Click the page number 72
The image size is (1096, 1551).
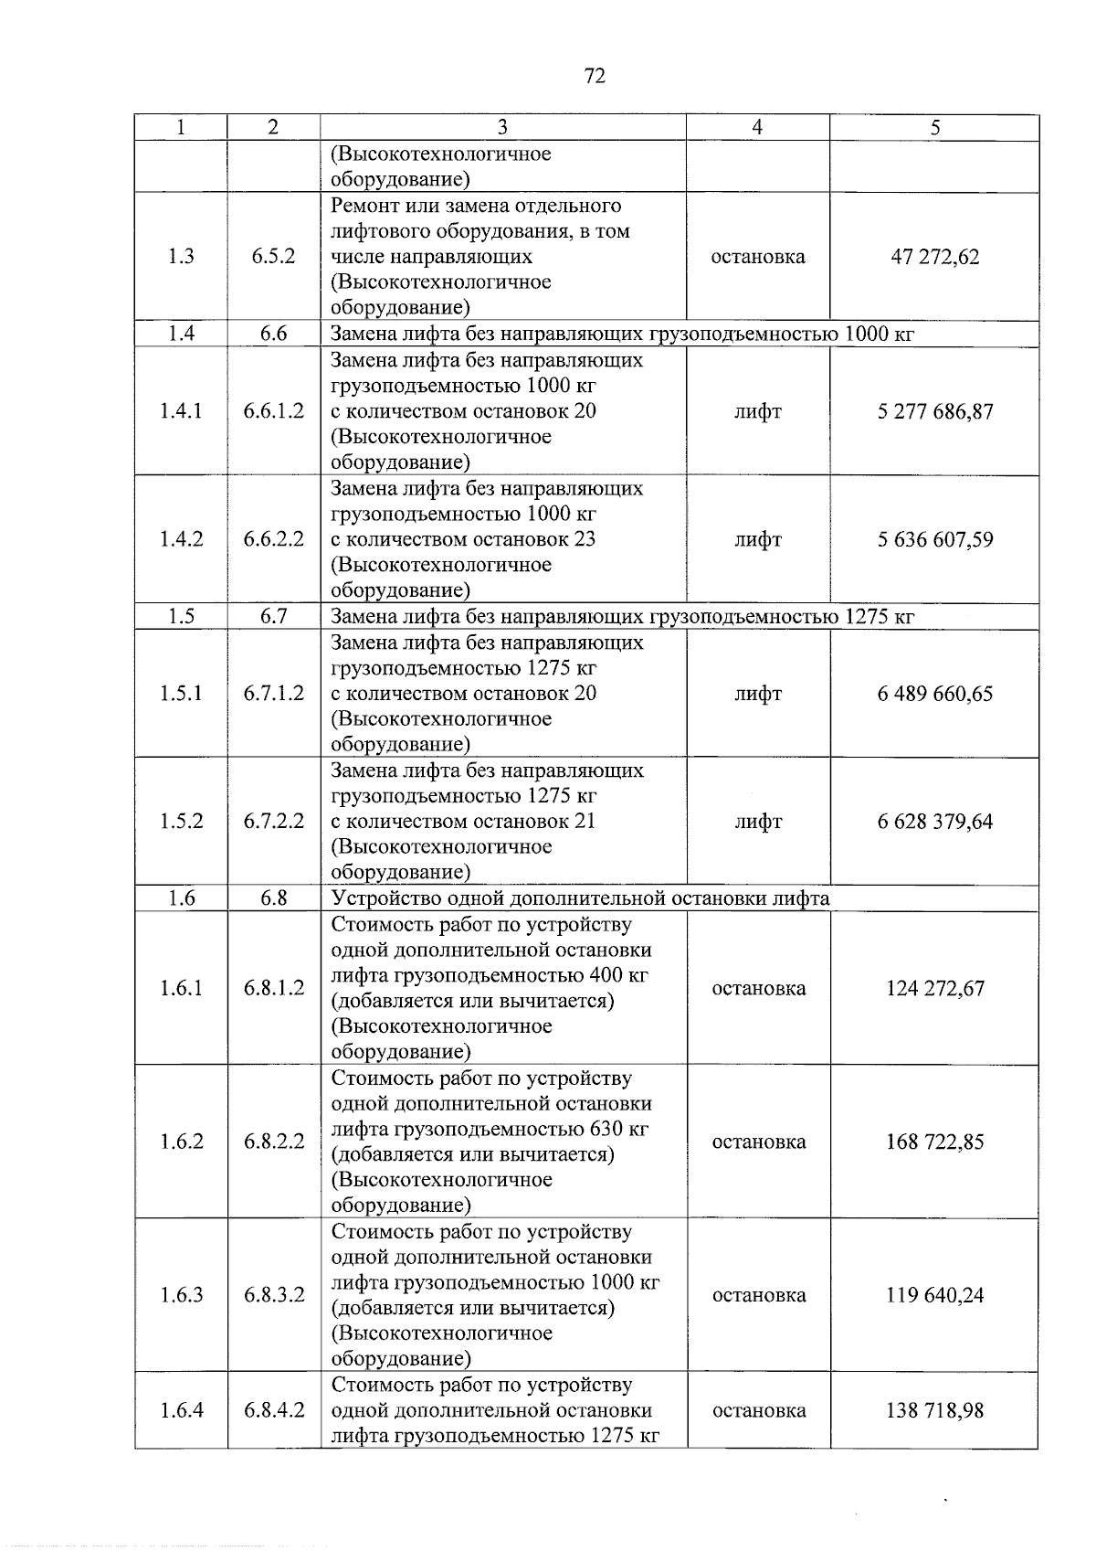pos(594,76)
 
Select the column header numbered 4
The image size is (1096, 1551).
pos(757,128)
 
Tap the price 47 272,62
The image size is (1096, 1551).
pos(934,257)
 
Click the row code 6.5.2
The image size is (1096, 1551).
pos(273,257)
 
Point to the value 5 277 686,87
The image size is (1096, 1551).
pos(934,411)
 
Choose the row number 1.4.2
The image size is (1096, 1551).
pos(181,539)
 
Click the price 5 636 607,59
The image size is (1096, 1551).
pos(934,539)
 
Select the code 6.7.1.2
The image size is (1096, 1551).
pos(273,694)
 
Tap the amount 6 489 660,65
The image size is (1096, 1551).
pos(934,694)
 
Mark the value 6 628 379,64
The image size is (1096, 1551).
pos(934,822)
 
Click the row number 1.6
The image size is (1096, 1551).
pos(181,898)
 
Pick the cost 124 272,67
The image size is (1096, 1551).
pos(934,988)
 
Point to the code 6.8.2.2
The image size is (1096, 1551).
pos(273,1142)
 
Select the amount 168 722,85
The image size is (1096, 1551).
pos(934,1142)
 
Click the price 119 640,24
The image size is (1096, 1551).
pos(934,1295)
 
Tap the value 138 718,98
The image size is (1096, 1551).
pos(934,1410)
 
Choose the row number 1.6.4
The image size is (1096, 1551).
pos(181,1410)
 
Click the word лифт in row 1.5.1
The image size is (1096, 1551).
pos(758,694)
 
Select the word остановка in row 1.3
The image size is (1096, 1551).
pos(758,257)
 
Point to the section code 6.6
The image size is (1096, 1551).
pos(273,334)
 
